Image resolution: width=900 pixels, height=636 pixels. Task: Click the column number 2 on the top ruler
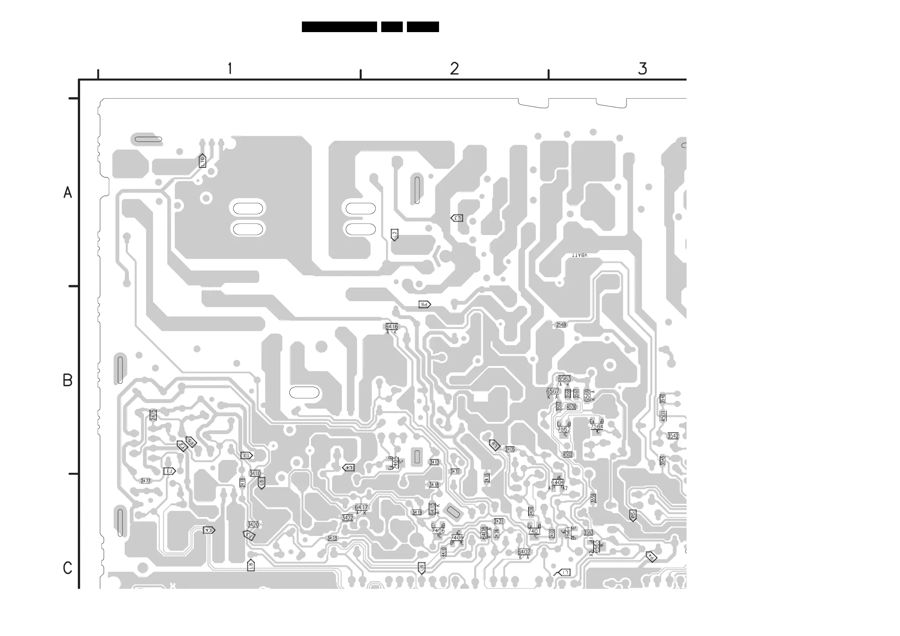pyautogui.click(x=454, y=69)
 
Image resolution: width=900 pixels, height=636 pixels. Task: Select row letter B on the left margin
pyautogui.click(x=67, y=380)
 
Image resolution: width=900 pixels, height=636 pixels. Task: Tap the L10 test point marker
pyautogui.click(x=202, y=160)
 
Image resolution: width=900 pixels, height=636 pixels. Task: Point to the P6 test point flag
pyautogui.click(x=425, y=304)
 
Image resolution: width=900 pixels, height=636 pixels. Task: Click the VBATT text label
pyautogui.click(x=579, y=255)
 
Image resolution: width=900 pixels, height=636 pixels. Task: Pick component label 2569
pyautogui.click(x=561, y=325)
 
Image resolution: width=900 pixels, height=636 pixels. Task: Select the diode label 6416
pyautogui.click(x=391, y=326)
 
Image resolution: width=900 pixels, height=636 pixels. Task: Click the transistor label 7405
pyautogui.click(x=396, y=462)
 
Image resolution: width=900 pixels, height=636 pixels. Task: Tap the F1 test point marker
pyautogui.click(x=169, y=471)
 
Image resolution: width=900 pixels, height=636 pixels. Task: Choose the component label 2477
pyautogui.click(x=145, y=481)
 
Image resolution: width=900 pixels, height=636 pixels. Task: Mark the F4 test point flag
pyautogui.click(x=209, y=530)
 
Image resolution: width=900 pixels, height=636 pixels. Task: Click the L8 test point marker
pyautogui.click(x=251, y=565)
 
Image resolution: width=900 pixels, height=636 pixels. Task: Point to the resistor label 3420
pyautogui.click(x=253, y=525)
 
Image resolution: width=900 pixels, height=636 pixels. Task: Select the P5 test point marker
pyautogui.click(x=632, y=515)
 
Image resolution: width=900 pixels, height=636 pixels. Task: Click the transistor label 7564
pyautogui.click(x=597, y=427)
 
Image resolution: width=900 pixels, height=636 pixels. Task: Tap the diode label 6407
pyautogui.click(x=524, y=552)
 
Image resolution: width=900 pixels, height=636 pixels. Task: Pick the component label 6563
pyautogui.click(x=564, y=378)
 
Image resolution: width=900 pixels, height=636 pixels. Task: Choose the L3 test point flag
pyautogui.click(x=457, y=218)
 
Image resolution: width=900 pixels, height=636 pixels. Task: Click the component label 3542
pyautogui.click(x=673, y=436)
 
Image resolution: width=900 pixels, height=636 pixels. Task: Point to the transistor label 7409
pyautogui.click(x=457, y=538)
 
